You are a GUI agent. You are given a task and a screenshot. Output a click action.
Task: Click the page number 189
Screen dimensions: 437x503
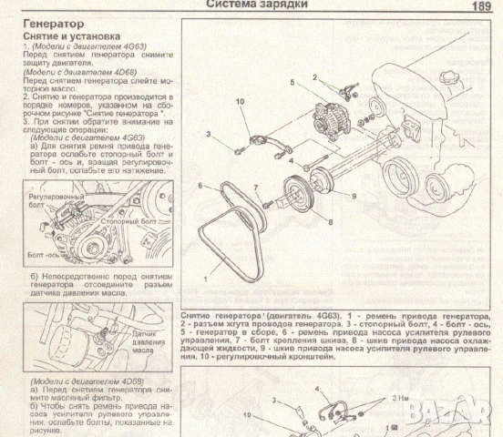click(482, 5)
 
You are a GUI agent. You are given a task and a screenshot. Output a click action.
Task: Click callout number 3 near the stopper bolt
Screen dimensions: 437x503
click(208, 134)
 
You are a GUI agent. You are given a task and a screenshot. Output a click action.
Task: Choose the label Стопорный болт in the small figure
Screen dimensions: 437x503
click(126, 220)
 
